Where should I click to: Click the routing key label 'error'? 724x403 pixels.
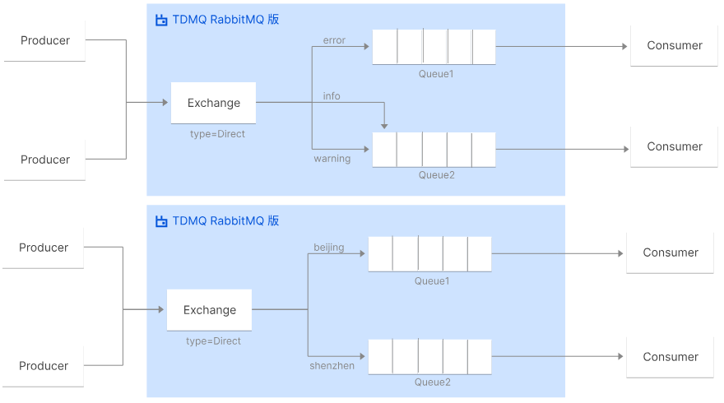pyautogui.click(x=334, y=40)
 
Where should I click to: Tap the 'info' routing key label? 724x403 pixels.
pyautogui.click(x=332, y=96)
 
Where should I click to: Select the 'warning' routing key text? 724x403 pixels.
pyautogui.click(x=332, y=159)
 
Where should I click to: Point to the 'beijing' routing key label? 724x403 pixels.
pyautogui.click(x=329, y=247)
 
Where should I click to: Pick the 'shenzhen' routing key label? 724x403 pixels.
pyautogui.click(x=332, y=365)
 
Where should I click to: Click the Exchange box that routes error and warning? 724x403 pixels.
pyautogui.click(x=214, y=104)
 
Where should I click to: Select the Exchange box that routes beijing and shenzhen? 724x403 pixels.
pyautogui.click(x=210, y=310)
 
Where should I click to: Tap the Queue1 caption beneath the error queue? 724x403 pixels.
pyautogui.click(x=436, y=74)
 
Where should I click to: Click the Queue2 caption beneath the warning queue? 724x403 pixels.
pyautogui.click(x=436, y=174)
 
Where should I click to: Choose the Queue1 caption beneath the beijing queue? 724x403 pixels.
pyautogui.click(x=432, y=281)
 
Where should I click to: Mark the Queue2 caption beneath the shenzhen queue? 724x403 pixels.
pyautogui.click(x=432, y=382)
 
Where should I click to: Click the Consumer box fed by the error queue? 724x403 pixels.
pyautogui.click(x=675, y=46)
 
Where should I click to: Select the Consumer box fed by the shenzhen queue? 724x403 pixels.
pyautogui.click(x=671, y=357)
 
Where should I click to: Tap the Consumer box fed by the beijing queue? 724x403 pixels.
pyautogui.click(x=671, y=252)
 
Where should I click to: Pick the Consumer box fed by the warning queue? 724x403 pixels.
pyautogui.click(x=675, y=146)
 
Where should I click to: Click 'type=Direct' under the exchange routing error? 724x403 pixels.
pyautogui.click(x=217, y=134)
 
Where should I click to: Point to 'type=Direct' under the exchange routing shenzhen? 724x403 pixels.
pyautogui.click(x=213, y=341)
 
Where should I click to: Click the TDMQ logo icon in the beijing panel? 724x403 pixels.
pyautogui.click(x=161, y=221)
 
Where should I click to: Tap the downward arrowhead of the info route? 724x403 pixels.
pyautogui.click(x=384, y=125)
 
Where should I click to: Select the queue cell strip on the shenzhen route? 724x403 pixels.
pyautogui.click(x=429, y=357)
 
